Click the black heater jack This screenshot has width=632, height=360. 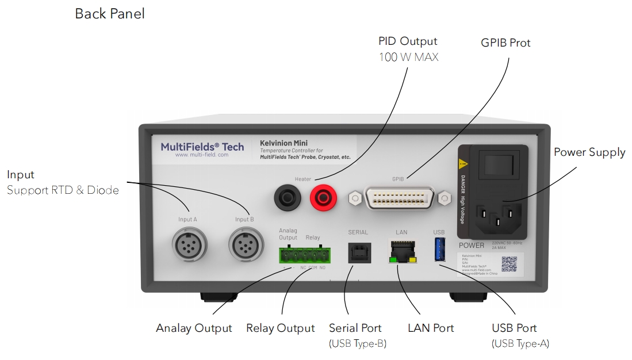[x=286, y=199]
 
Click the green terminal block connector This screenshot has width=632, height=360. [x=303, y=254]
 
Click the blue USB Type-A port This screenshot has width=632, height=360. [x=439, y=249]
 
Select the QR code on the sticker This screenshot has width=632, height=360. [x=510, y=264]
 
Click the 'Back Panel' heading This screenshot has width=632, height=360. [x=110, y=14]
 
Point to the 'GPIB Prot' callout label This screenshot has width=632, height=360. [x=505, y=43]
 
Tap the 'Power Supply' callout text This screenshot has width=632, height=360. [x=589, y=152]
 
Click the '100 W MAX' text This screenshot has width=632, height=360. [x=408, y=58]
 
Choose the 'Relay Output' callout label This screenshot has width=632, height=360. [x=280, y=328]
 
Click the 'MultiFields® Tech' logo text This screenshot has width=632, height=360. [x=202, y=147]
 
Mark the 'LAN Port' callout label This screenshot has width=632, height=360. [x=431, y=328]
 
